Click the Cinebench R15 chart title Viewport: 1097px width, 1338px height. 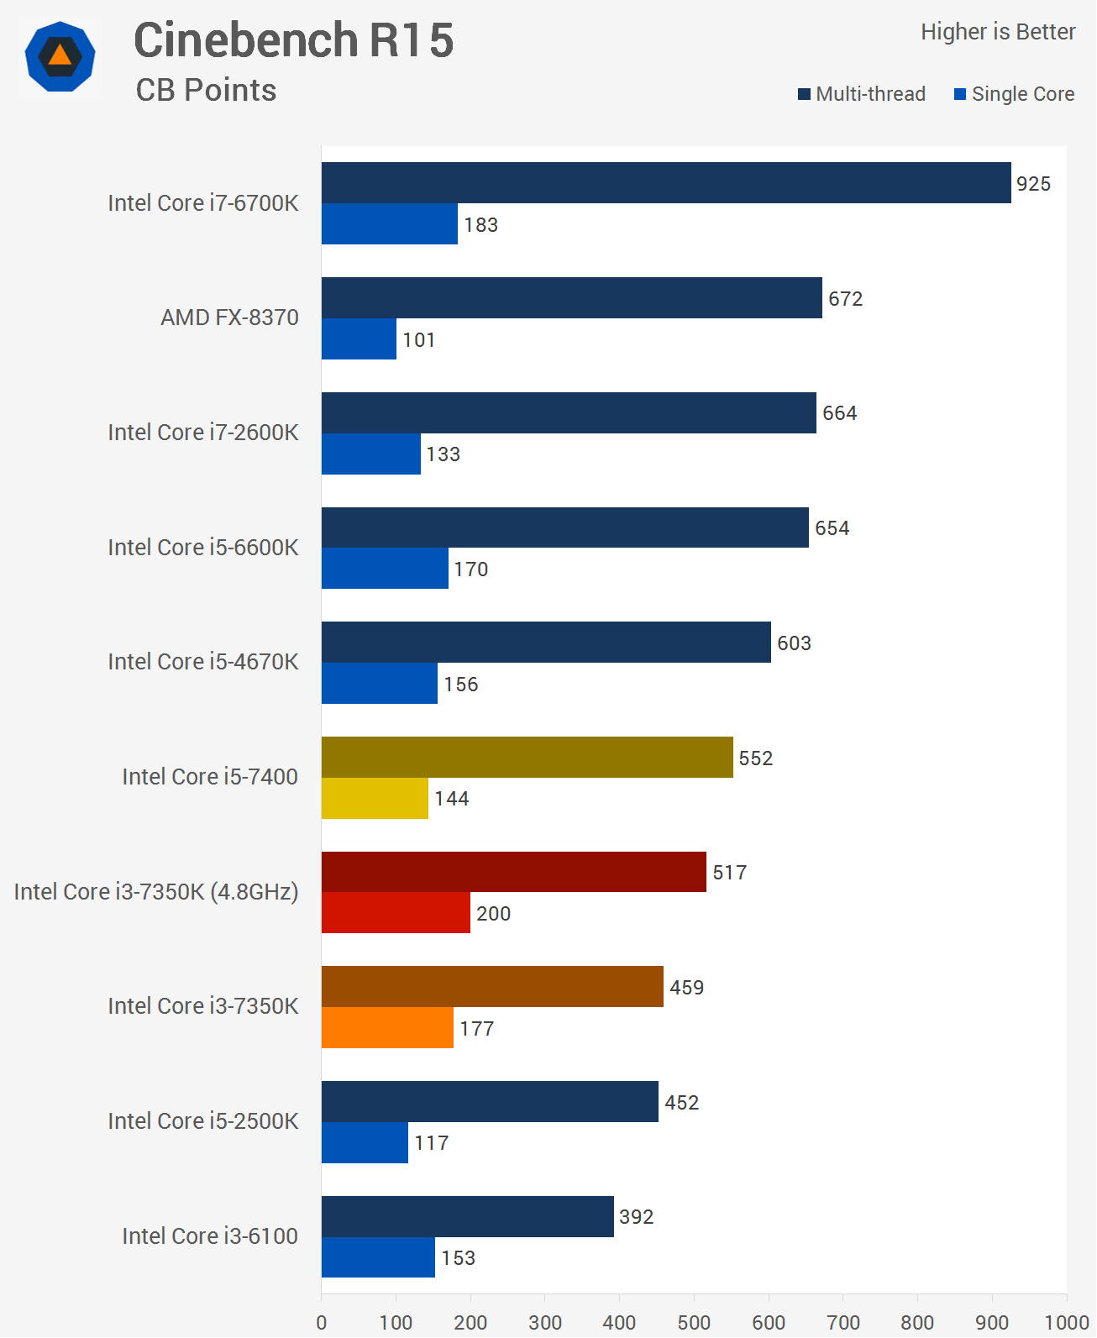point(293,40)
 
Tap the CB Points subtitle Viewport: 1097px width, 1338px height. point(206,91)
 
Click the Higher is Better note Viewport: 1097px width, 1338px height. point(997,32)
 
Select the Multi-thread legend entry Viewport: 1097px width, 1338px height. point(862,94)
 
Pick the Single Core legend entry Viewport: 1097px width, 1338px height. point(1014,94)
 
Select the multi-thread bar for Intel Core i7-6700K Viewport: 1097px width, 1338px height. point(665,183)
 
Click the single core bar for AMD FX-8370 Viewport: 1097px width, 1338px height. point(359,339)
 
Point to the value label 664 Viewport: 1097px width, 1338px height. point(839,413)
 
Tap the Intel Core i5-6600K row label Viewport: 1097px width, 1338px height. point(202,548)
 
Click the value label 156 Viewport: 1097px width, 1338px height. point(460,685)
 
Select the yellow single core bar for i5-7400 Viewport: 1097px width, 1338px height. point(375,799)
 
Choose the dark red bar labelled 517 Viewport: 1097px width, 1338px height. point(513,872)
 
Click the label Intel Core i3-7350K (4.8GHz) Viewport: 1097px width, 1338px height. point(156,892)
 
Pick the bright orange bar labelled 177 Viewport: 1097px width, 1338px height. point(387,1028)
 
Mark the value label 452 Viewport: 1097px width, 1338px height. point(681,1103)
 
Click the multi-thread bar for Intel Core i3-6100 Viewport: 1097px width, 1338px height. point(467,1216)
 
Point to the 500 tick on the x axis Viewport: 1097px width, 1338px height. point(694,1322)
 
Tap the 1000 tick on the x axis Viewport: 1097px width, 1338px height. point(1066,1322)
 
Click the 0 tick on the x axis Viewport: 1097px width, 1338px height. point(322,1322)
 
